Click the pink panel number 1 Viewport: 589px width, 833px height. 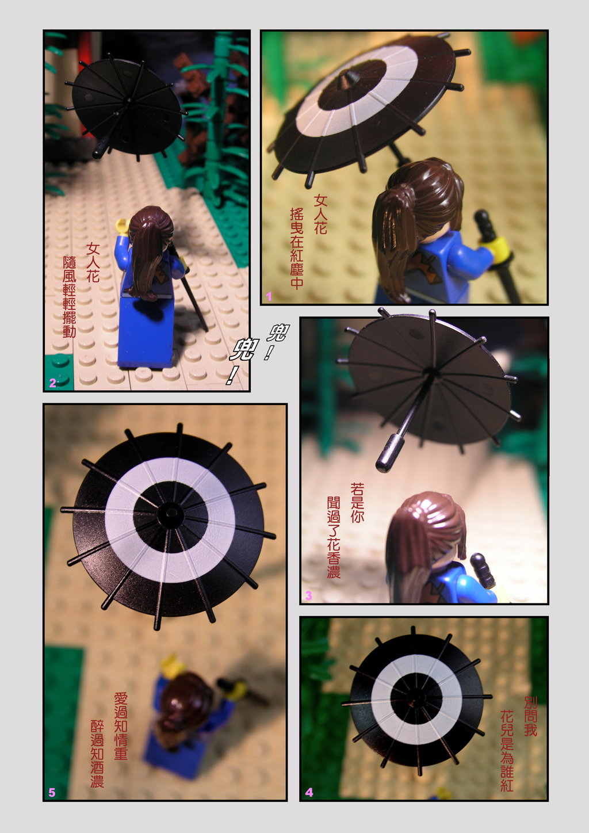(269, 296)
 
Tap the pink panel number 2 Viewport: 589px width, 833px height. (52, 383)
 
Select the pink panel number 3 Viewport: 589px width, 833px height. (308, 595)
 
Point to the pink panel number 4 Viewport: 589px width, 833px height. (309, 793)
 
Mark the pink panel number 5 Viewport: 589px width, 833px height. (52, 793)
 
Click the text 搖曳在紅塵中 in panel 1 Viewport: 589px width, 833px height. (297, 249)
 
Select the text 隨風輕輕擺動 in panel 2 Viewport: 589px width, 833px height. (69, 296)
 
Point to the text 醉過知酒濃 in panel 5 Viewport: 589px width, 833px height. (97, 754)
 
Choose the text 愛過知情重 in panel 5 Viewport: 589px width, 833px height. (121, 725)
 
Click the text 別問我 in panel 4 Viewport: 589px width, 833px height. (531, 716)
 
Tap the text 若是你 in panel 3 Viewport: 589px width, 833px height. (357, 503)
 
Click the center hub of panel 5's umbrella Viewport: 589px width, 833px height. (171, 513)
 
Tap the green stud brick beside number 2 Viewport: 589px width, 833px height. (59, 372)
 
